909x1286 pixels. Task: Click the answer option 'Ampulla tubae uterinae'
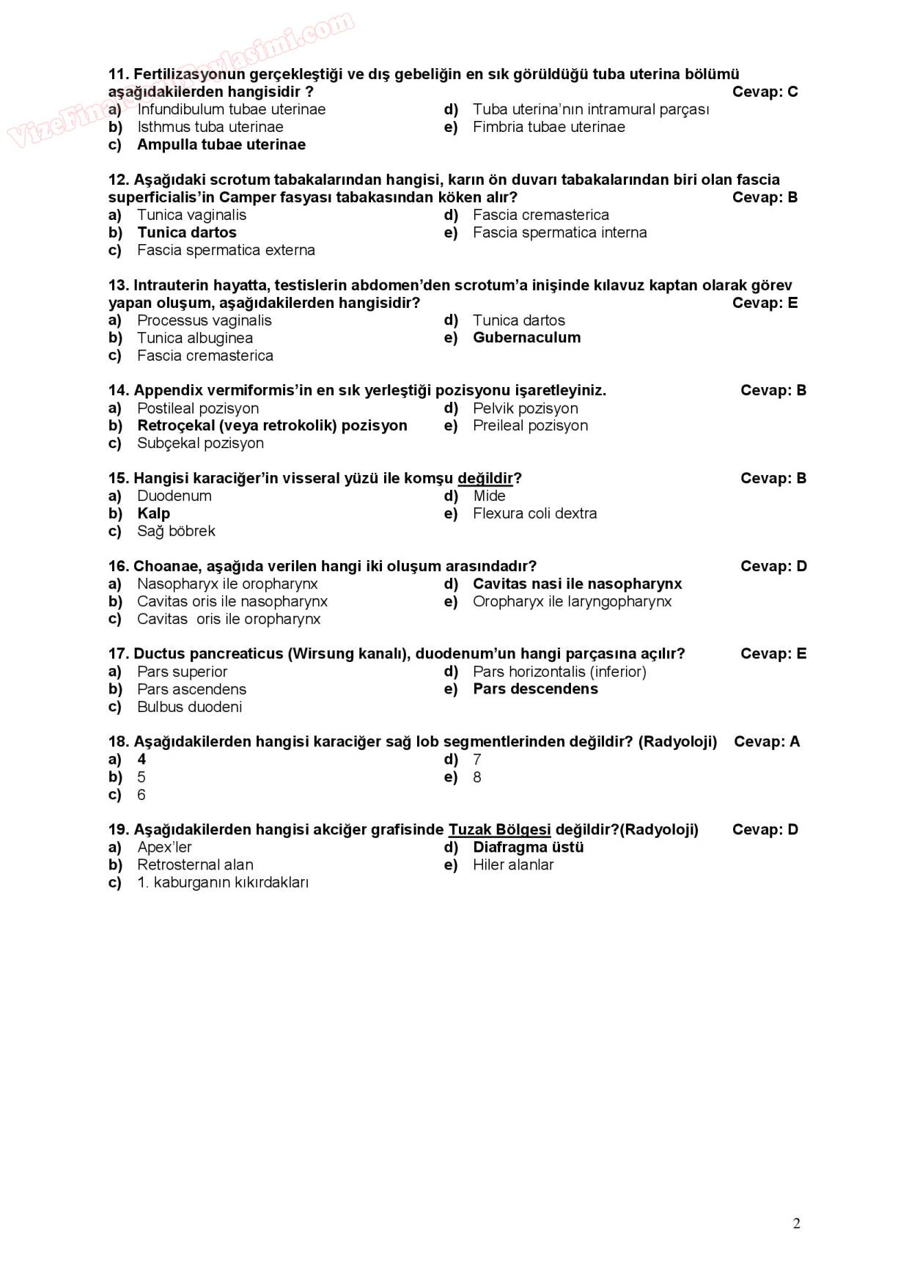point(221,144)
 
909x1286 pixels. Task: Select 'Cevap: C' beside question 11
point(765,92)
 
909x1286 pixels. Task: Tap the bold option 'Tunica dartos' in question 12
point(186,232)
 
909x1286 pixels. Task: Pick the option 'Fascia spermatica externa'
point(226,250)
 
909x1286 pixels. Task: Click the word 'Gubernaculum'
point(526,337)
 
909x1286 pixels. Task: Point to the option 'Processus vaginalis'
point(204,320)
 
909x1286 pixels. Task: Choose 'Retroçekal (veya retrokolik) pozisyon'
point(272,425)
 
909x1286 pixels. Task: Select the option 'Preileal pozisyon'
point(530,425)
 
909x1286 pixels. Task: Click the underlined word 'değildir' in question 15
point(485,478)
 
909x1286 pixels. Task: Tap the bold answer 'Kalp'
point(153,513)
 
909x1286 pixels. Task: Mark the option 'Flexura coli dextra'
point(534,513)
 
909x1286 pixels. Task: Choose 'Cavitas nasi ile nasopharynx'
point(577,584)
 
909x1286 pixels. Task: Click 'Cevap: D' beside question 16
point(773,566)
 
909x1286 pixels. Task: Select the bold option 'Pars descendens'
point(535,688)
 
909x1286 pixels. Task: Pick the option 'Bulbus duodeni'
point(189,707)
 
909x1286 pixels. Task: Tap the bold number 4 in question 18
point(141,759)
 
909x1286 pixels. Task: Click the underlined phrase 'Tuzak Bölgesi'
point(499,829)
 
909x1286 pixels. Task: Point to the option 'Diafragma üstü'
point(528,847)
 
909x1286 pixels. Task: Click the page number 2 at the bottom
point(796,1223)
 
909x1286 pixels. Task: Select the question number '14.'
point(119,390)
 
